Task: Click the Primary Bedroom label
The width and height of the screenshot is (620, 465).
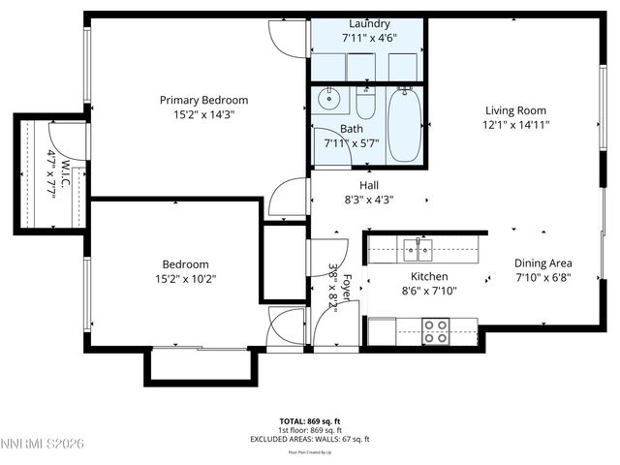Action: (x=203, y=100)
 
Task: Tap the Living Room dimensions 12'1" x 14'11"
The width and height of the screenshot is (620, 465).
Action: (x=516, y=125)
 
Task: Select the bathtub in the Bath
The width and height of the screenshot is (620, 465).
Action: (x=405, y=126)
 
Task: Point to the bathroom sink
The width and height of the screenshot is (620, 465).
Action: (x=329, y=98)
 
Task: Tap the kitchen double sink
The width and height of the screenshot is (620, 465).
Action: (x=419, y=250)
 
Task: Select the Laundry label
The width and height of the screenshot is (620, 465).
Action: (x=369, y=24)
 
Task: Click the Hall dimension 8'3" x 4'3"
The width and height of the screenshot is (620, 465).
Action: (x=369, y=201)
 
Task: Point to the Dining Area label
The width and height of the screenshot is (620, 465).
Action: (x=542, y=263)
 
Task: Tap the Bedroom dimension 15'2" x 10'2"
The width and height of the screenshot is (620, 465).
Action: (x=184, y=279)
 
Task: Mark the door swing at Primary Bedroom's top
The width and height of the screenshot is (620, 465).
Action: (x=284, y=35)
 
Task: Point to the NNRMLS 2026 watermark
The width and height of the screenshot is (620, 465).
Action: (x=44, y=444)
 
